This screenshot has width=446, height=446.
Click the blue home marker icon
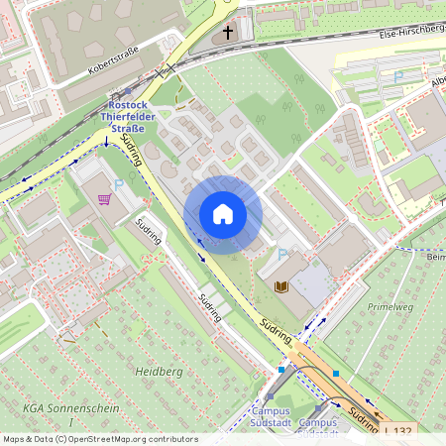click(223, 214)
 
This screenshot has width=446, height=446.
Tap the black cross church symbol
click(227, 33)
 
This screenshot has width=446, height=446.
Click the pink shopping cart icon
click(104, 198)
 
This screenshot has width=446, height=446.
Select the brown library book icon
click(282, 286)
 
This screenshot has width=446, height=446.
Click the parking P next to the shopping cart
click(120, 184)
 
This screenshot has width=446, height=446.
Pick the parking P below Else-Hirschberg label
click(398, 76)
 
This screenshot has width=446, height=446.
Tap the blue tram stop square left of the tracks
click(281, 370)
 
